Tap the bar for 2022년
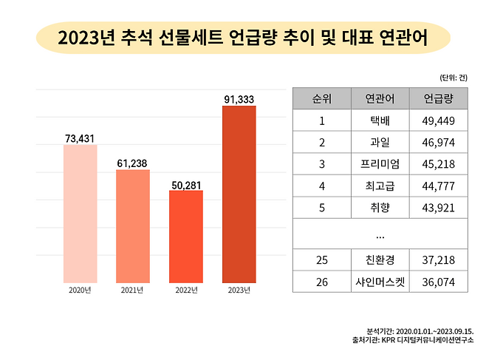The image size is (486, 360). point(186,236)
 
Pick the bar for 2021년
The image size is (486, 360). point(133,225)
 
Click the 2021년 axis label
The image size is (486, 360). point(133,291)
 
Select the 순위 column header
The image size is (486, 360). point(321,98)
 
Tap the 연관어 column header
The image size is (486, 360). point(379,98)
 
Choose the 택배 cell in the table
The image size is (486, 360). point(379,120)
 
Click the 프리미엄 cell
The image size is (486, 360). point(379,164)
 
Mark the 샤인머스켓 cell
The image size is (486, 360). point(379,282)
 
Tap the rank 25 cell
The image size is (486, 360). point(321,260)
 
